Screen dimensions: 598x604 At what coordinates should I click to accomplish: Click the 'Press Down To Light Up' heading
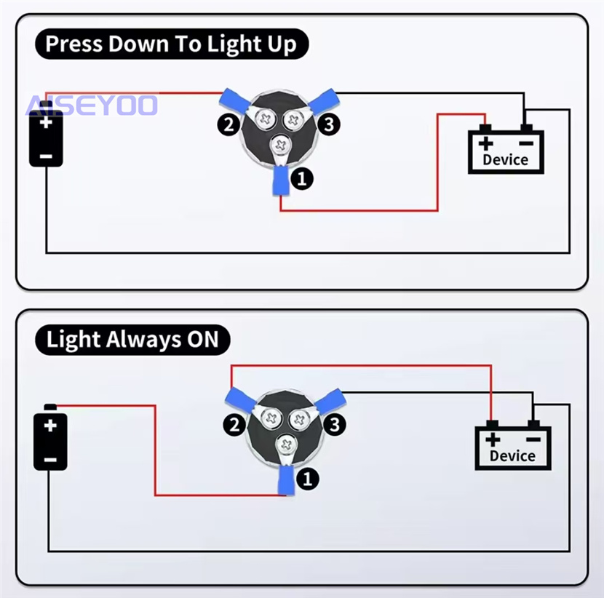coord(172,44)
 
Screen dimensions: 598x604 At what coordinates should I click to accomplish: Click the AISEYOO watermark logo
coord(92,105)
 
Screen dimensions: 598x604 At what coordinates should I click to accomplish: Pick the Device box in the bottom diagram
coord(513,447)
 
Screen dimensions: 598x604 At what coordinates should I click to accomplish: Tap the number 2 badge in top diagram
coord(229,125)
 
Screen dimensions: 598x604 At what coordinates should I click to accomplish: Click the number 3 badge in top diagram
coord(329,124)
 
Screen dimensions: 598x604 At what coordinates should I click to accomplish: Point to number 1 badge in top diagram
coord(301,177)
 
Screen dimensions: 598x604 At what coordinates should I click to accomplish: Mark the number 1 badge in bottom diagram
coord(307,478)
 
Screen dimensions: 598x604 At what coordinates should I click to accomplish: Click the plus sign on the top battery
coord(46,121)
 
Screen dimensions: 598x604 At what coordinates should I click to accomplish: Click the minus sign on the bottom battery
coord(50,458)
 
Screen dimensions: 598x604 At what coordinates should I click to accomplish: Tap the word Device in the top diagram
coord(506,159)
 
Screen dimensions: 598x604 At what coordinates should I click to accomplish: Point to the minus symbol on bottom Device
coord(533,439)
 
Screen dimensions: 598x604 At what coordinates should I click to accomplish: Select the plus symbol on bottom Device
coord(493,439)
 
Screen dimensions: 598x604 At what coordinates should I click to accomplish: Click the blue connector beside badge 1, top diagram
coord(280,181)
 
